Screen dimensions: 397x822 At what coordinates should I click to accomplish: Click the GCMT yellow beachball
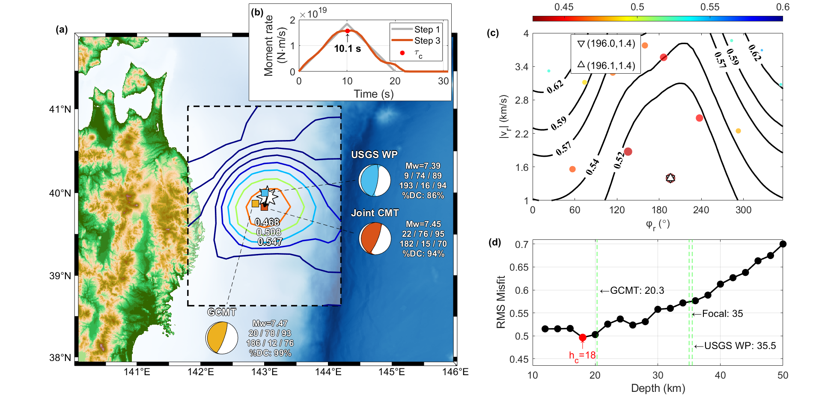pyautogui.click(x=221, y=338)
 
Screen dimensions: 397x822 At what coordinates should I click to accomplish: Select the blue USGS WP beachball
pyautogui.click(x=375, y=181)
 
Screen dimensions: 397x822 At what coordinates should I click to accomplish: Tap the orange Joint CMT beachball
pyautogui.click(x=375, y=239)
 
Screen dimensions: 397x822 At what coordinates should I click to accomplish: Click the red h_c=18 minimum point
pyautogui.click(x=582, y=337)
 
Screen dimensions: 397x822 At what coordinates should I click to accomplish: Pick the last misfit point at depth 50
pyautogui.click(x=783, y=244)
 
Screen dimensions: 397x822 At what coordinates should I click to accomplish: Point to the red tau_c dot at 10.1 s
pyautogui.click(x=347, y=31)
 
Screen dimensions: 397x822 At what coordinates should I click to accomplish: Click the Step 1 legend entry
pyautogui.click(x=415, y=30)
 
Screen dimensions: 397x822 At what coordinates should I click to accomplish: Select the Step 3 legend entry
pyautogui.click(x=415, y=41)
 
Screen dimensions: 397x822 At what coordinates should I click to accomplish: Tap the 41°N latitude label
pyautogui.click(x=60, y=109)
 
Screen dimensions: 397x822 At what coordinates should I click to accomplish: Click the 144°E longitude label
pyautogui.click(x=328, y=372)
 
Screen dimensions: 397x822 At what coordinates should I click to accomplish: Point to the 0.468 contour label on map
pyautogui.click(x=267, y=222)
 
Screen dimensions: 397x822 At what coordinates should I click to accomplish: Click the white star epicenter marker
pyautogui.click(x=267, y=196)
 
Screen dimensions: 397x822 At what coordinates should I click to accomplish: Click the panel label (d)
pyautogui.click(x=494, y=242)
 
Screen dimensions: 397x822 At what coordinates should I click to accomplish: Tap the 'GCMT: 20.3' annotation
pyautogui.click(x=632, y=291)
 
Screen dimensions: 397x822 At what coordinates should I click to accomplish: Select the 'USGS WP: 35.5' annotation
pyautogui.click(x=735, y=346)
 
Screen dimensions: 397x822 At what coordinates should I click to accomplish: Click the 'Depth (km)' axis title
pyautogui.click(x=658, y=388)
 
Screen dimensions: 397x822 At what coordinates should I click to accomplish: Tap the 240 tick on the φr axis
pyautogui.click(x=701, y=210)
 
